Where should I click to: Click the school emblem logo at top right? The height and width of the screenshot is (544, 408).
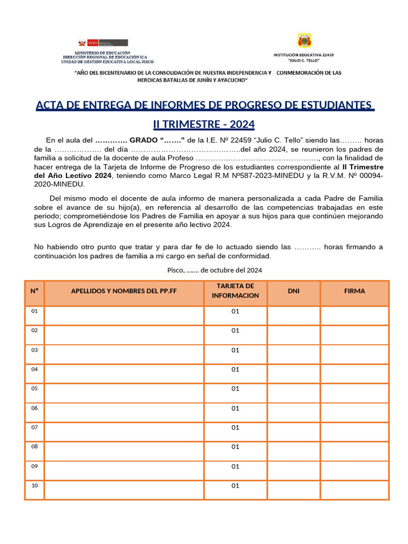point(304,41)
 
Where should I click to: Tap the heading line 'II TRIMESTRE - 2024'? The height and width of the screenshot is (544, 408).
point(204,124)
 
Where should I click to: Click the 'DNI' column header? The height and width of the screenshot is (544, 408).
point(293,291)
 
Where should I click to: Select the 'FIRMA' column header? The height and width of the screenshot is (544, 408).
point(354,291)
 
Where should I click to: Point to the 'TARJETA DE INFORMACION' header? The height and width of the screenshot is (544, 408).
point(235,291)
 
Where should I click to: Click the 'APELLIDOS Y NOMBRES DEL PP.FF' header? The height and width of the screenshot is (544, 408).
point(124,291)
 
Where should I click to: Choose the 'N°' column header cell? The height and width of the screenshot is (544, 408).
point(35,291)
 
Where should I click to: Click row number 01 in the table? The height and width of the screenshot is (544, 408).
point(35,311)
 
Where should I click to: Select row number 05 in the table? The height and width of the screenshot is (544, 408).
point(35,389)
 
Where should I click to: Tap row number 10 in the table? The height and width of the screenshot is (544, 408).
point(35,486)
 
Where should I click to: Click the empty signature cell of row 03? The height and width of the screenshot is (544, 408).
point(354,354)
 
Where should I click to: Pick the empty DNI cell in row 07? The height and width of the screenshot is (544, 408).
point(293,432)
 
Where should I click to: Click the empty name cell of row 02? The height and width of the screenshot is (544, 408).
point(124,335)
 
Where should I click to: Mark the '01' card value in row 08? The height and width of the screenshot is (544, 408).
point(235,447)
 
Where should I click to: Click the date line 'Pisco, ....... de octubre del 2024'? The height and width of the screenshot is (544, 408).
point(215,270)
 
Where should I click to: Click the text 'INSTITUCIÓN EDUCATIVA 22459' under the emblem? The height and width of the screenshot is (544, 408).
point(303,55)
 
